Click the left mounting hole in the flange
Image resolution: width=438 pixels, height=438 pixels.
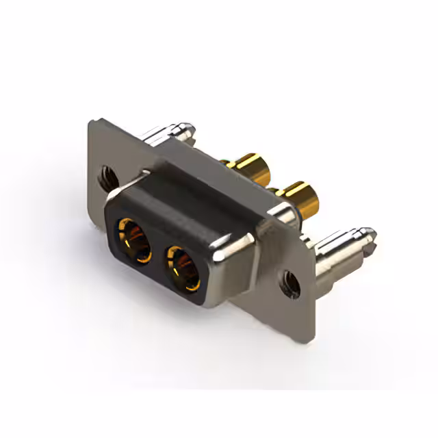pos(107,177)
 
